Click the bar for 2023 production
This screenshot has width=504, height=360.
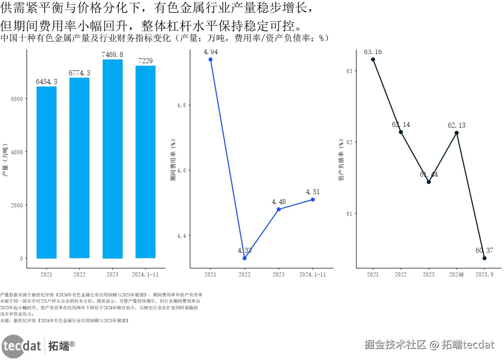pos(112,159)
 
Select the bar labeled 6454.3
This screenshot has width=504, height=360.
pos(46,172)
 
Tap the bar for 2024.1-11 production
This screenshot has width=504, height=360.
pos(145,162)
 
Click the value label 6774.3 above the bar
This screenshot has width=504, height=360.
pos(79,73)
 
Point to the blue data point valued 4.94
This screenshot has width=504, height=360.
pos(210,59)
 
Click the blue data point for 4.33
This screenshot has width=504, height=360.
pos(245,258)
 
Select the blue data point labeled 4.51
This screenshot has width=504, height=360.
pos(313,200)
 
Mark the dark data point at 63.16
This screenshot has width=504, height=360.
pos(373,59)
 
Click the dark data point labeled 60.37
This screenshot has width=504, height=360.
pos(484,258)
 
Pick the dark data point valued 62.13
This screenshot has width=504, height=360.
pos(457,133)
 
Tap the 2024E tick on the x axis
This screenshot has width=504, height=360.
pos(457,275)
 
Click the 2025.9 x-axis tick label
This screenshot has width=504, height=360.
pos(484,275)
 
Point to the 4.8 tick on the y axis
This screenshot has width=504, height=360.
pos(182,106)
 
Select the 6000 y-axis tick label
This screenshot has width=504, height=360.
pos(17,99)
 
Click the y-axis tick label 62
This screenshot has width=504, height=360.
pos(348,143)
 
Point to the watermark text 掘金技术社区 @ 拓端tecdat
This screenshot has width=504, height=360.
pos(429,345)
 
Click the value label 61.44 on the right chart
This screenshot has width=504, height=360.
pos(429,175)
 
